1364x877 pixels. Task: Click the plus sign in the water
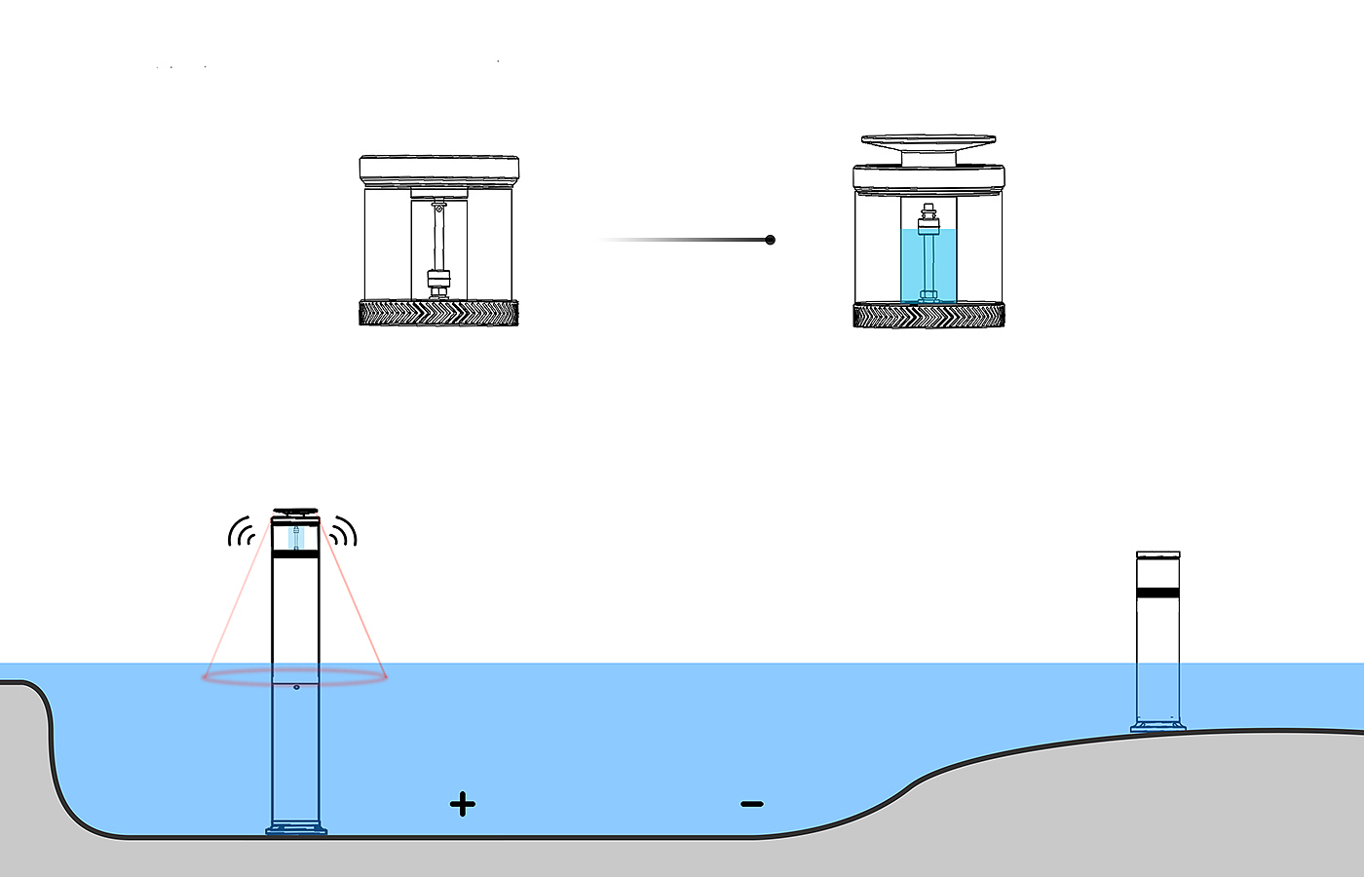click(463, 804)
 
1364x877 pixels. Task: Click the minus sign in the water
click(751, 804)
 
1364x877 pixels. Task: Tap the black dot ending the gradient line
click(771, 240)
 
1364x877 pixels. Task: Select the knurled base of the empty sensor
click(438, 313)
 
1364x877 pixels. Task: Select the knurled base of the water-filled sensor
click(928, 315)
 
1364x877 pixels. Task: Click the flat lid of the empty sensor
click(438, 168)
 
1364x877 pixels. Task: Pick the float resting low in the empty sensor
click(438, 280)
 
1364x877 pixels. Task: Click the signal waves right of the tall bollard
click(343, 532)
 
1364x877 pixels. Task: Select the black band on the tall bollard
click(295, 553)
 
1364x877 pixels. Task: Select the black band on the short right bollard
click(1158, 592)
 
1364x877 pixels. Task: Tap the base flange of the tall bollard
click(296, 830)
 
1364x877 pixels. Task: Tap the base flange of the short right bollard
click(1158, 726)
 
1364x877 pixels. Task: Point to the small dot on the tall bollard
click(296, 687)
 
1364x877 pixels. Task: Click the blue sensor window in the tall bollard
click(295, 537)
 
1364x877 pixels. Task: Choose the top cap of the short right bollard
click(1158, 555)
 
